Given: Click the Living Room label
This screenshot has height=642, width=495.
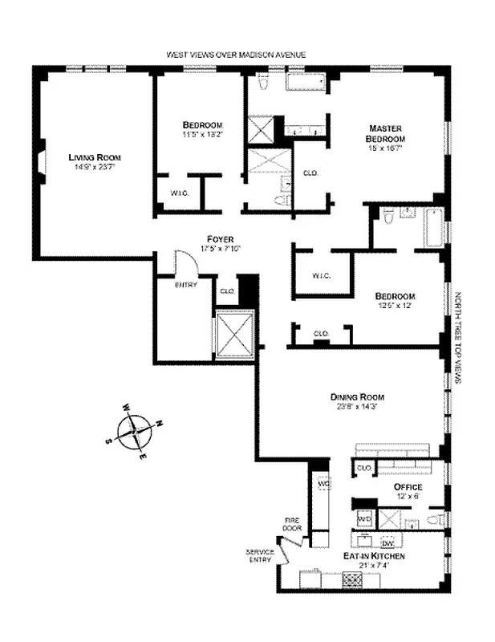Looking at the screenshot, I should click(x=92, y=157).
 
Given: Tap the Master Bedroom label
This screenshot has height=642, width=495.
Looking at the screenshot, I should click(x=385, y=133).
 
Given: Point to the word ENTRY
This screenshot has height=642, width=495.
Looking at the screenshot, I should click(x=185, y=284).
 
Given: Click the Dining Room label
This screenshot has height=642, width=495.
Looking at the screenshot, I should click(x=358, y=396).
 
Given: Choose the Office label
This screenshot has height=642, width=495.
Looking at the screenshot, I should click(x=408, y=487).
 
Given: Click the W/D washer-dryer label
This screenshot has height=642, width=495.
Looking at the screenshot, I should click(x=363, y=519).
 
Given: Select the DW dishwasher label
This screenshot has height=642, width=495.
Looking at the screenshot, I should click(x=387, y=542).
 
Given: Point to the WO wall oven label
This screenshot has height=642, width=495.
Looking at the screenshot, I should click(x=324, y=485).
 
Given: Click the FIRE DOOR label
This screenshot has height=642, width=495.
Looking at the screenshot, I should click(x=291, y=524).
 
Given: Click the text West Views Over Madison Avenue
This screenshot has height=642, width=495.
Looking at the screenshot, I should click(x=236, y=55).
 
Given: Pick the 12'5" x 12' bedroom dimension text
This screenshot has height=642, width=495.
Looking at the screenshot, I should click(x=395, y=305).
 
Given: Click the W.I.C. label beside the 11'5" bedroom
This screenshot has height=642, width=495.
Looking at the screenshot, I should click(x=178, y=193).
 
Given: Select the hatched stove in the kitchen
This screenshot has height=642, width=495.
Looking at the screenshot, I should click(x=351, y=577).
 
